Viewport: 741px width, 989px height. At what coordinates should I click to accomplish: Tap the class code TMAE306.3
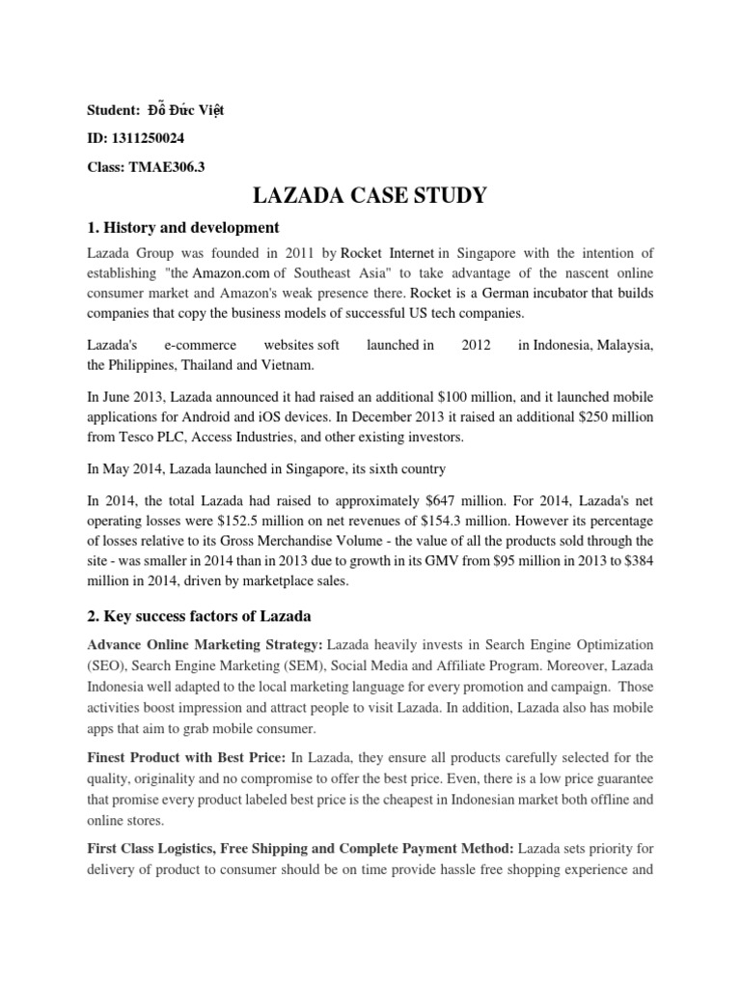click(168, 165)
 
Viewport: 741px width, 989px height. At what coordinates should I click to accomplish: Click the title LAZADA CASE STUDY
click(370, 197)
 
